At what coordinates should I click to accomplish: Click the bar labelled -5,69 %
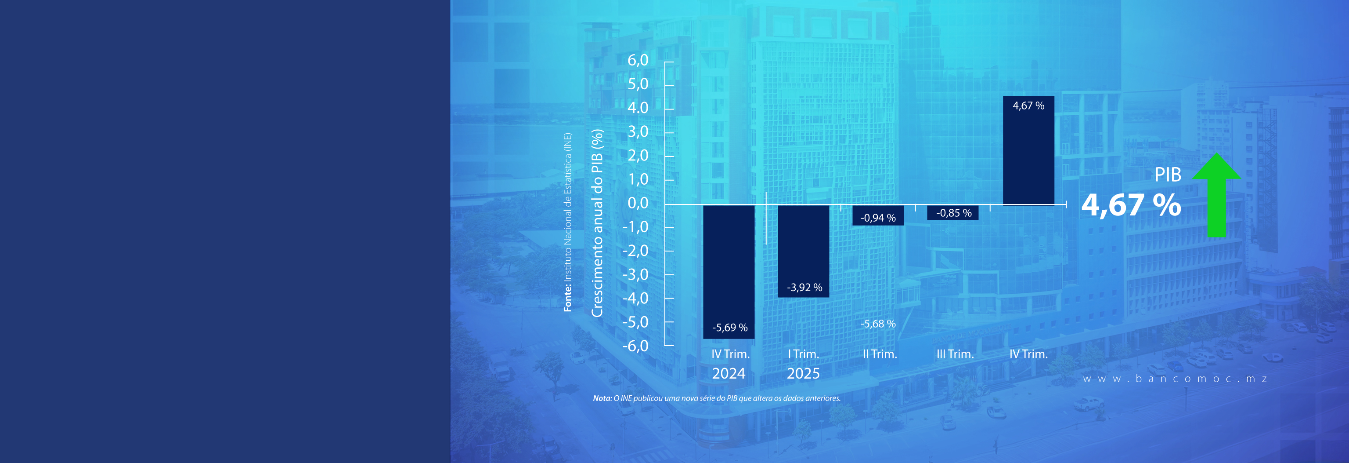coord(729,271)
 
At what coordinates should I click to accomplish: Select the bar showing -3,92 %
coord(803,251)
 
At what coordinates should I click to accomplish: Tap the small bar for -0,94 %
coord(878,215)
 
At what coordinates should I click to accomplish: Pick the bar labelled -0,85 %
coord(952,212)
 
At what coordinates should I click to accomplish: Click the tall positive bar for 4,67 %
coord(1028,150)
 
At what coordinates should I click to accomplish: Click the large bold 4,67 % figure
coord(1131,205)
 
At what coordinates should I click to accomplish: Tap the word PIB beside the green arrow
coord(1167,175)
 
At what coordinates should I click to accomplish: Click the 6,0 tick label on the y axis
coord(638,60)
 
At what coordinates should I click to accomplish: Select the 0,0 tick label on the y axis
coord(638,203)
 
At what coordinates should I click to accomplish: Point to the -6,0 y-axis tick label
coord(635,346)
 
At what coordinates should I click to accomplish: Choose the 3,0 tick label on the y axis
coord(638,131)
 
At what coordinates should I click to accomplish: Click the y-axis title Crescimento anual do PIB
coord(597,223)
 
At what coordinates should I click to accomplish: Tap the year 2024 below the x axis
coord(729,373)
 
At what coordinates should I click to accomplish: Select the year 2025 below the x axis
coord(803,373)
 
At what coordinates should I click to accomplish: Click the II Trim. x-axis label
coord(880,354)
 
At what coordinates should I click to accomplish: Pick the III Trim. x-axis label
coord(955,354)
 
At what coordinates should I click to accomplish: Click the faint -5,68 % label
coord(878,324)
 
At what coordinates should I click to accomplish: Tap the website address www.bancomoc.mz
coord(1175,379)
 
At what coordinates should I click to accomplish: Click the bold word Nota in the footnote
coord(602,398)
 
